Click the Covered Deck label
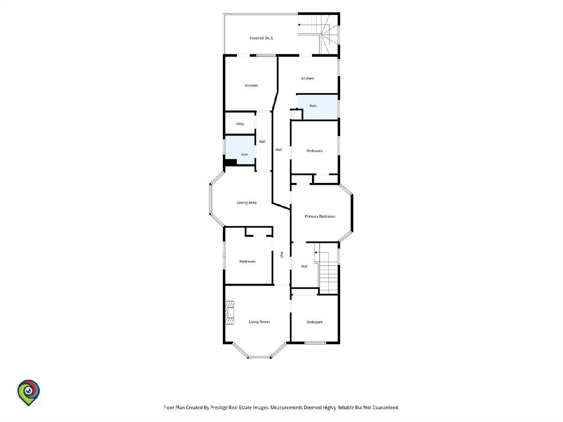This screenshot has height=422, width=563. [261, 38]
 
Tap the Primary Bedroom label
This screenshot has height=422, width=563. [320, 217]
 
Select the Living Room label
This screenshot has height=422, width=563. [259, 322]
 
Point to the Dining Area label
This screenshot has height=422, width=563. [246, 203]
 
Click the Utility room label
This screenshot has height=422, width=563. [240, 124]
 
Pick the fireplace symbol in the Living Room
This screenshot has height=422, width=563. [230, 313]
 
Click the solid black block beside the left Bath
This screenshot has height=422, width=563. [230, 162]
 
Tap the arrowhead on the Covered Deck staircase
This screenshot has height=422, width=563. [299, 25]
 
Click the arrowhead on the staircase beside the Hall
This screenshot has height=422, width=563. [316, 253]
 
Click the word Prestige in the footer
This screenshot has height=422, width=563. [219, 407]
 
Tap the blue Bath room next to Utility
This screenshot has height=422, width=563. [240, 150]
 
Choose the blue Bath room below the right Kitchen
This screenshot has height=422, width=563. [318, 107]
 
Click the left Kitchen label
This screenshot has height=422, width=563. [251, 86]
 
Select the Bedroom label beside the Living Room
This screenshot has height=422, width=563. [314, 322]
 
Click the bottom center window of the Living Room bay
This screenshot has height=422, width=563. [259, 357]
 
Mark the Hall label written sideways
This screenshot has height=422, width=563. [282, 255]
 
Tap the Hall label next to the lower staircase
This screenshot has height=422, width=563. [304, 266]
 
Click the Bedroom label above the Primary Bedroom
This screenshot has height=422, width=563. [314, 151]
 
